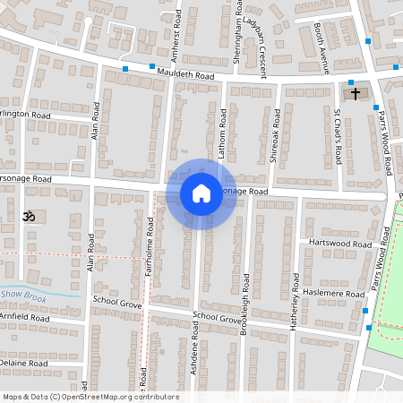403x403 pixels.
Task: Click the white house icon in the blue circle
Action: click(x=201, y=193)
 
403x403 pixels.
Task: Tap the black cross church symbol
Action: click(x=355, y=94)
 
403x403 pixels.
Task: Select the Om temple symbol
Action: click(x=28, y=216)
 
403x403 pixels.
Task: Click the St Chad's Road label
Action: click(x=338, y=137)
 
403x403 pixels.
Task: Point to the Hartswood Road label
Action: click(x=339, y=244)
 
